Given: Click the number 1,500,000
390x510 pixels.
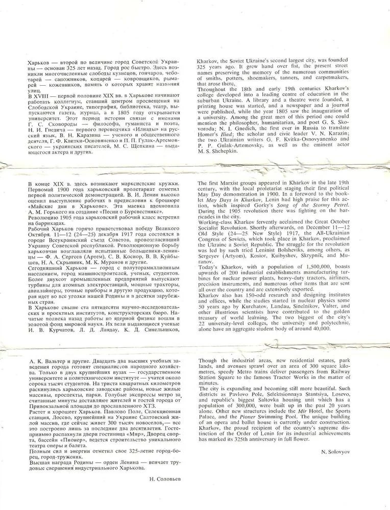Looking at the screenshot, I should tap(303, 267).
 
